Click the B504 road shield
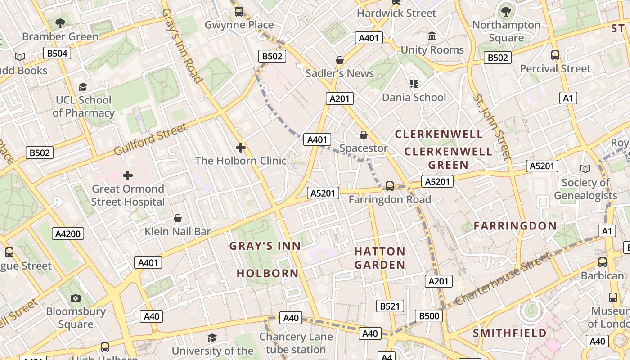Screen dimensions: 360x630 [x=57, y=54]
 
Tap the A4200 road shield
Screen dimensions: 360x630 [x=67, y=234]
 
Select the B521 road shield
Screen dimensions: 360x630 [x=390, y=306]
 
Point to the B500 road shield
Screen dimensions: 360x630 [x=429, y=316]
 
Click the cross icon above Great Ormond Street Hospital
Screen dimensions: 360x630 [x=128, y=175]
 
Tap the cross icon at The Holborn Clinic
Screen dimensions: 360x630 [x=241, y=147]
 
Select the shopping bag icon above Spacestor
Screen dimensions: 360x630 [x=364, y=135]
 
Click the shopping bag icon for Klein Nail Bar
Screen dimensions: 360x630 [x=178, y=218]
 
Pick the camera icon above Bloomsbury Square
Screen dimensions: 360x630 [x=76, y=298]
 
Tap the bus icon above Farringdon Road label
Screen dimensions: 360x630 [x=390, y=186]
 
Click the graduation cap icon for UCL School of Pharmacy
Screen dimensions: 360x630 [x=83, y=87]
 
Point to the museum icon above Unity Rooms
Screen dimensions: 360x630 [x=432, y=36]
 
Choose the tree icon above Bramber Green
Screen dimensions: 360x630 [x=60, y=23]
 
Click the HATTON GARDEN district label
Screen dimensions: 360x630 [x=380, y=258]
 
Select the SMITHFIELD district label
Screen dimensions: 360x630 [x=510, y=333]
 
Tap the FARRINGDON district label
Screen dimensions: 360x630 [x=515, y=226]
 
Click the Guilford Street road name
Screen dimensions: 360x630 [x=150, y=139]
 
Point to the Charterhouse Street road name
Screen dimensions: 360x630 [x=502, y=279]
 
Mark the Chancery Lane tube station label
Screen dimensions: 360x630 [x=296, y=343]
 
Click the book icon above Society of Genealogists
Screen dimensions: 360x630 [x=585, y=169]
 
